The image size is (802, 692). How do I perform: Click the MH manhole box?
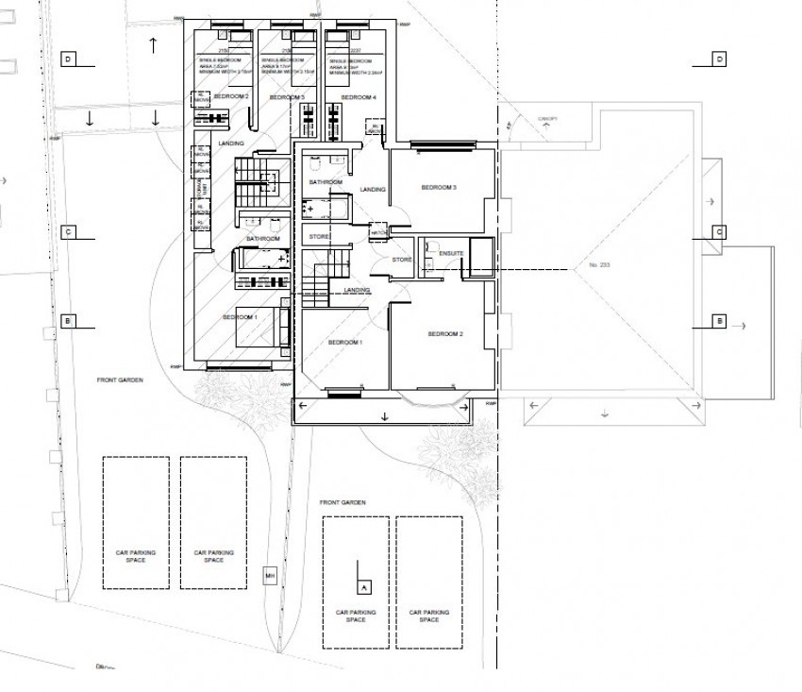click(x=269, y=576)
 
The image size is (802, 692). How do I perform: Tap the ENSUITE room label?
click(x=440, y=253)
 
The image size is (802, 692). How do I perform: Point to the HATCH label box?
click(x=380, y=232)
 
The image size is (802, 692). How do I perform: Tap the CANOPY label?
click(x=547, y=119)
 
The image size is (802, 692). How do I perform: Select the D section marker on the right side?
click(x=719, y=59)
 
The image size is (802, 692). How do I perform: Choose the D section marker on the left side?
click(x=68, y=59)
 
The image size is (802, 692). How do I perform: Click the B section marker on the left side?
click(x=68, y=322)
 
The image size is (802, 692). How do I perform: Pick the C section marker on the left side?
click(x=68, y=231)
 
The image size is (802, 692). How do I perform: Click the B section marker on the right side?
click(x=719, y=322)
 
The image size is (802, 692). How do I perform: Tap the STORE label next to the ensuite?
click(x=403, y=259)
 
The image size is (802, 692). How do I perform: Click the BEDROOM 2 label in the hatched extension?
click(x=232, y=97)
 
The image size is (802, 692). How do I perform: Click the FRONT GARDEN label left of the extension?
click(x=119, y=380)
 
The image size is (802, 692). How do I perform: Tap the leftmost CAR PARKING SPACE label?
click(x=136, y=556)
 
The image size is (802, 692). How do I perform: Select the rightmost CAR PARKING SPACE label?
click(x=429, y=616)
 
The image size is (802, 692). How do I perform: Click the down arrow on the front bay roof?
click(x=385, y=416)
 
